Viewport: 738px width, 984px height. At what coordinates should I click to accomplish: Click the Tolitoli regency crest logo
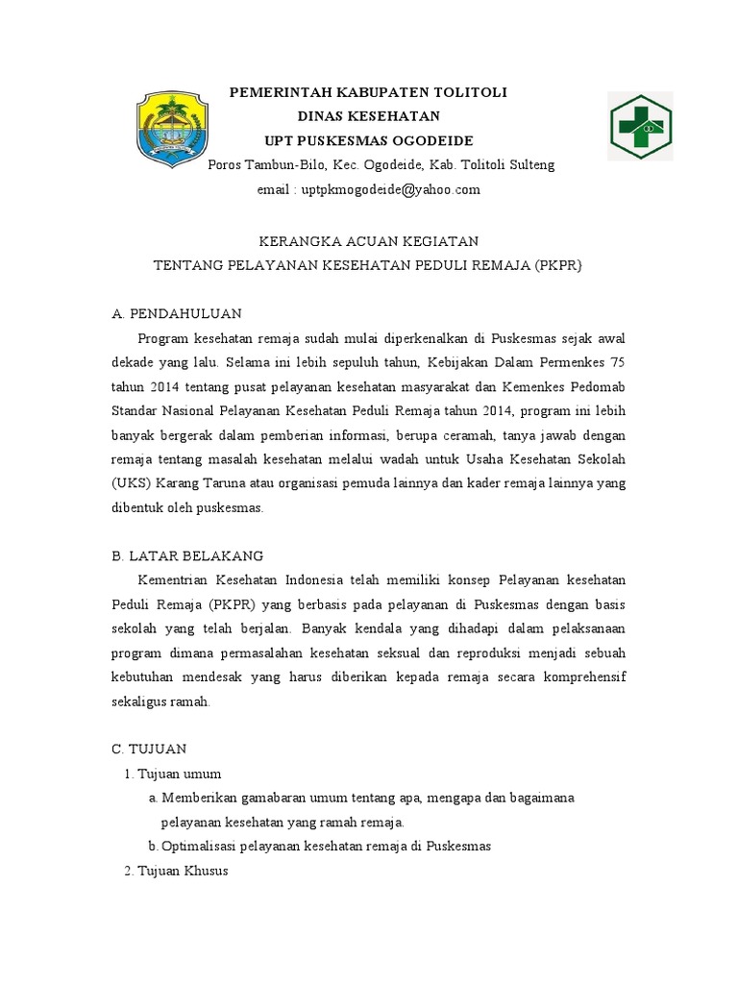(x=169, y=129)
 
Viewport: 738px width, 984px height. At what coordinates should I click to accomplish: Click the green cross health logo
(x=641, y=127)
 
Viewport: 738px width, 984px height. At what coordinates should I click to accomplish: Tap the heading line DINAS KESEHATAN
(x=368, y=116)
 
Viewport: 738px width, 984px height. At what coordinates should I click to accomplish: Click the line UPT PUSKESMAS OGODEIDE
(x=368, y=140)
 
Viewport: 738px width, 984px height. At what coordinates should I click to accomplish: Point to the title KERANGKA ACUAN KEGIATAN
(x=368, y=240)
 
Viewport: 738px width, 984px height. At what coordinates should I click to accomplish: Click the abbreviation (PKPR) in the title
(x=558, y=264)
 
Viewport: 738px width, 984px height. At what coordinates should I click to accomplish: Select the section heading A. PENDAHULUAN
(x=177, y=313)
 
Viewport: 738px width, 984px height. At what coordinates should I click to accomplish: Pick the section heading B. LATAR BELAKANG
(x=187, y=555)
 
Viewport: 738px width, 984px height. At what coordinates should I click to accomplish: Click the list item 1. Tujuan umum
(x=173, y=774)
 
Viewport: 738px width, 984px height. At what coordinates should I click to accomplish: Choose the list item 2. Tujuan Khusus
(x=176, y=872)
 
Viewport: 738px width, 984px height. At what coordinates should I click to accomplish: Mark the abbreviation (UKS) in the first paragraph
(x=130, y=483)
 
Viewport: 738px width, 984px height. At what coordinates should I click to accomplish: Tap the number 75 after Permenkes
(x=618, y=362)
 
